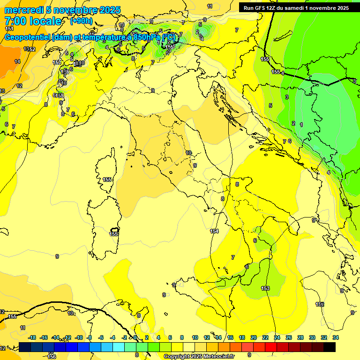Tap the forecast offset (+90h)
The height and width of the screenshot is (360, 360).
pos(81,21)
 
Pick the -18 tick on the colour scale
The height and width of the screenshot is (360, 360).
pos(32,337)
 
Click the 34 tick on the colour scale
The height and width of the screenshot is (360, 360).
pos(335,337)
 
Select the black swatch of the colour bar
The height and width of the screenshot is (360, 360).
pos(330,347)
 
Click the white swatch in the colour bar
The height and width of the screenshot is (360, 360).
pos(190,347)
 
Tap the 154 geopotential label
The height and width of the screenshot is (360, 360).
pos(214,231)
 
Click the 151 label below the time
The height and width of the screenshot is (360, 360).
pos(9,29)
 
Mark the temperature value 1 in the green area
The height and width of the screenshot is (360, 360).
pos(301,124)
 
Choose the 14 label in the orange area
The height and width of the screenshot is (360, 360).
pos(17,61)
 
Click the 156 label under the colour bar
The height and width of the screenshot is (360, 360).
pos(52,357)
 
